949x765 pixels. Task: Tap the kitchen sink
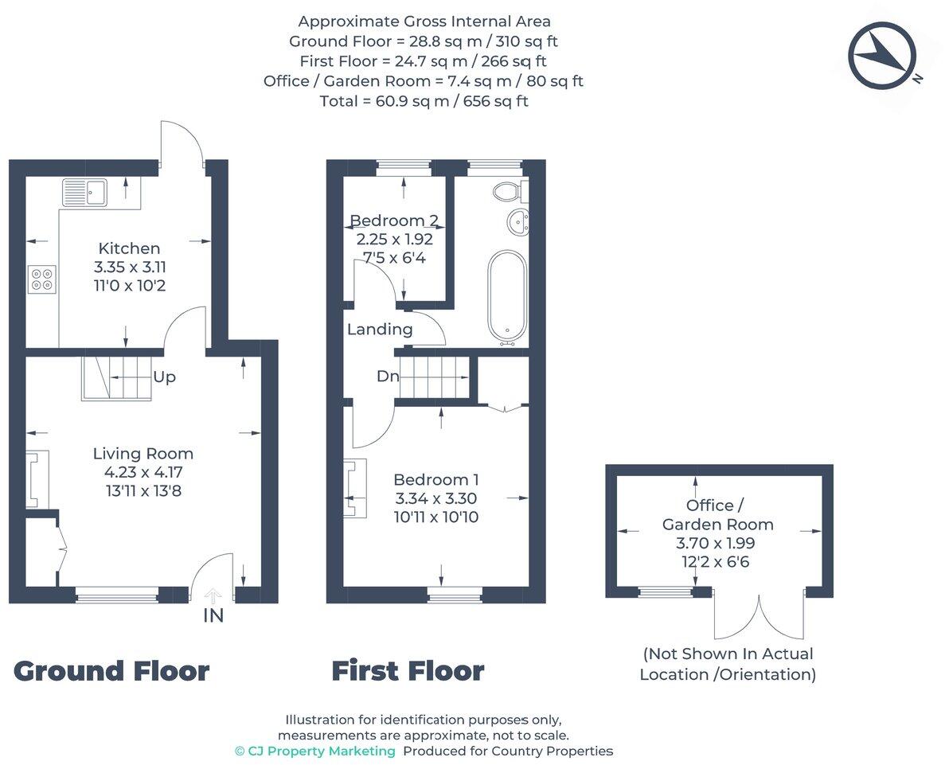(84, 192)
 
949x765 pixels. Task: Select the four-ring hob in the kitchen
(41, 279)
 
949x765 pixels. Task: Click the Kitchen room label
(129, 248)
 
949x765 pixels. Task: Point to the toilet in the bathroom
(507, 191)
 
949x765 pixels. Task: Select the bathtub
(506, 295)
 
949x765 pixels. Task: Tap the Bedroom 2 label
(394, 221)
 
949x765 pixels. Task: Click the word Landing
(380, 329)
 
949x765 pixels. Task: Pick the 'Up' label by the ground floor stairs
(164, 377)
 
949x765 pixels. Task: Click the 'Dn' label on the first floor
(388, 377)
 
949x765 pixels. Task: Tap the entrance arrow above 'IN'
(213, 595)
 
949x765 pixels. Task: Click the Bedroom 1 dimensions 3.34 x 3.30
(436, 498)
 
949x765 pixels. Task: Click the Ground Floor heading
(111, 671)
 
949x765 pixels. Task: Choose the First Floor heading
(408, 671)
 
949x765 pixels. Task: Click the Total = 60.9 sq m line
(424, 101)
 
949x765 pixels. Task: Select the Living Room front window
(117, 592)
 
